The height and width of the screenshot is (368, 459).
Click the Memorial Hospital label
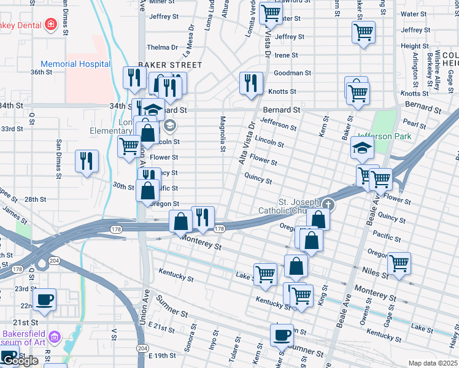click(75, 64)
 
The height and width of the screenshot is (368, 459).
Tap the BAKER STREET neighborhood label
click(170, 64)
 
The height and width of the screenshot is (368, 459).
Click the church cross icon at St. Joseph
click(328, 205)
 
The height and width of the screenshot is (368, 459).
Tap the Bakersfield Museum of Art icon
click(55, 336)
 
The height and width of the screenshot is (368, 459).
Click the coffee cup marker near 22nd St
click(45, 299)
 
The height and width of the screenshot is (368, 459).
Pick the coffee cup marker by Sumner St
click(282, 335)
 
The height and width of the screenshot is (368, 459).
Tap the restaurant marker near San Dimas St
click(87, 161)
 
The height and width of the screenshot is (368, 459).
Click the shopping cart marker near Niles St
click(399, 263)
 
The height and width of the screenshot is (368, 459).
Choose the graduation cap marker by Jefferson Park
click(362, 148)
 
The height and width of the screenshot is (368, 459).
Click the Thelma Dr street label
click(162, 47)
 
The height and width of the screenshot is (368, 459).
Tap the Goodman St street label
click(292, 73)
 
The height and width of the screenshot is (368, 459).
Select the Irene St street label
click(286, 55)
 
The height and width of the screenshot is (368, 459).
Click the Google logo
click(20, 361)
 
